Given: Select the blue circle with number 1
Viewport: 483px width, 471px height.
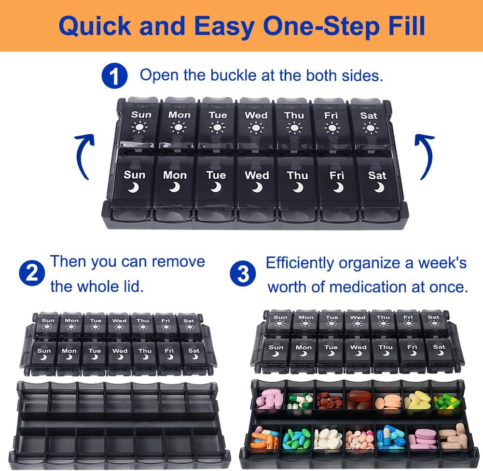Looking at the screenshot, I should (x=114, y=76).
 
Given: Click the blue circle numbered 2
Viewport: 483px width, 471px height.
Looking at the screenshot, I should (x=32, y=273).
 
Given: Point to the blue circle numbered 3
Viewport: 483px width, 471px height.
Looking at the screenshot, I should (x=243, y=274).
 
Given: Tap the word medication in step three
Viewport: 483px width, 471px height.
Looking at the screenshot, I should (x=368, y=287).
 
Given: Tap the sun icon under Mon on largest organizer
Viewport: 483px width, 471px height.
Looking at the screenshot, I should (x=179, y=128).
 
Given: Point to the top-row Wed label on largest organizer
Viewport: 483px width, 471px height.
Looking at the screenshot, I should (x=256, y=115).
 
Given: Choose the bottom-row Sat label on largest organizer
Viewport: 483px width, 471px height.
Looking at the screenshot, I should (x=377, y=175).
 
